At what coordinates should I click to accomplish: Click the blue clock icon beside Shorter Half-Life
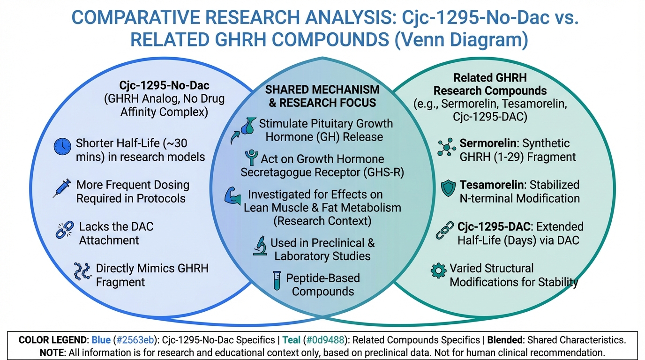click(x=62, y=147)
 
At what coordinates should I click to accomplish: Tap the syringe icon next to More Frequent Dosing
click(x=62, y=188)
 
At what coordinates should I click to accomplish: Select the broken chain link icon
click(x=65, y=230)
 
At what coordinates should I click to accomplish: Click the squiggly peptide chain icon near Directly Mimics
click(x=82, y=271)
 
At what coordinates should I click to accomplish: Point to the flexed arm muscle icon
click(x=232, y=196)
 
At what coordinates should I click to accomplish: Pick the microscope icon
click(x=260, y=246)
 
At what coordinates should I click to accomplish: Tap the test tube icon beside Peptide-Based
click(x=277, y=280)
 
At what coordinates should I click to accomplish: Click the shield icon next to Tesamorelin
click(x=448, y=188)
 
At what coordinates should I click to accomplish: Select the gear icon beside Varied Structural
click(x=438, y=270)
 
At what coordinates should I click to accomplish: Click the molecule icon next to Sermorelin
click(x=447, y=147)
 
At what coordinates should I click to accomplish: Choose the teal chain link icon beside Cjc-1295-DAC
click(x=444, y=230)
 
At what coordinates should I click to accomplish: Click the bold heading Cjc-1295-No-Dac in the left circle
click(x=165, y=85)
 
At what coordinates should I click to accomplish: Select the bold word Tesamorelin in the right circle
click(x=492, y=185)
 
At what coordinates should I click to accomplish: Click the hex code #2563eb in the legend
click(x=135, y=340)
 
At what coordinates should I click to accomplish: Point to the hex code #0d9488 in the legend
click(x=325, y=340)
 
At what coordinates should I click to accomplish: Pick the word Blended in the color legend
click(x=504, y=340)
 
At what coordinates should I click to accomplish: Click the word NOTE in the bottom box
click(x=52, y=352)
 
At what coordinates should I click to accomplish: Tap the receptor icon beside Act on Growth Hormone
click(x=252, y=157)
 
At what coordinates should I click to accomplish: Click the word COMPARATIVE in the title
click(x=135, y=17)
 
